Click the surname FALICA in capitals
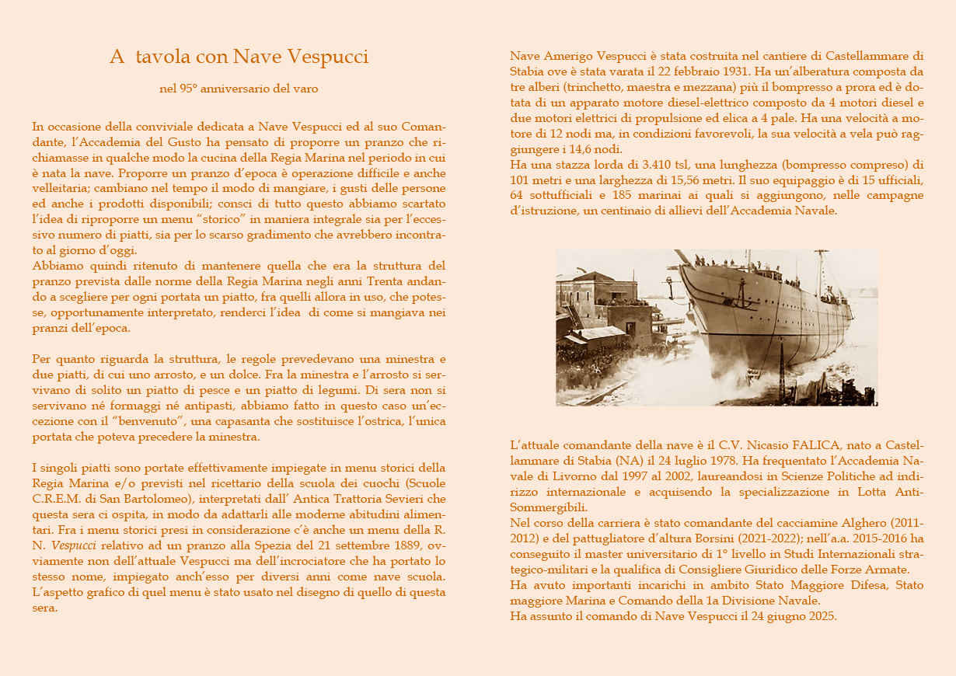tap(769, 446)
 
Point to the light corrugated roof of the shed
tap(599, 333)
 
